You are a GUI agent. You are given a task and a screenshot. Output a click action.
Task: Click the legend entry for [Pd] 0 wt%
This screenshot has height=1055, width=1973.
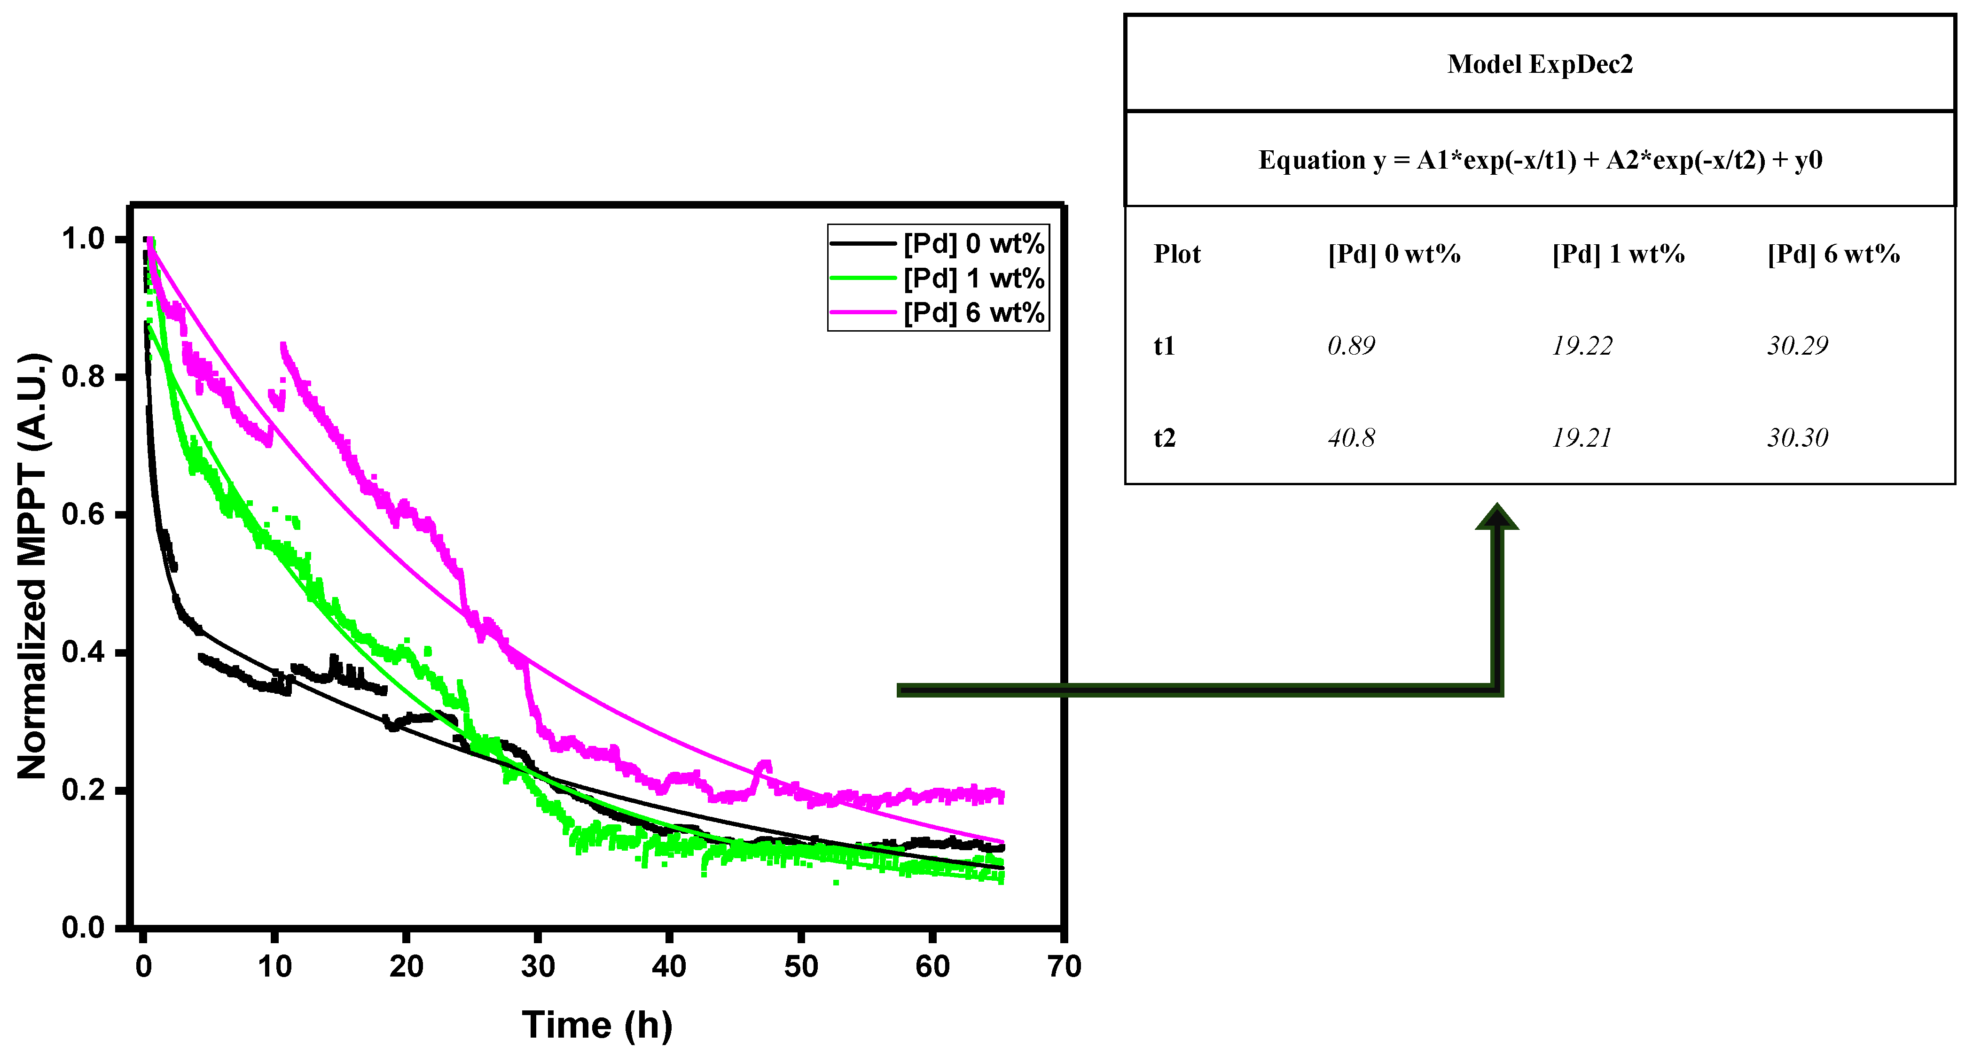click(973, 243)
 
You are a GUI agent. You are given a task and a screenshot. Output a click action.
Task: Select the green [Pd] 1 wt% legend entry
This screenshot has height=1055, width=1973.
click(973, 278)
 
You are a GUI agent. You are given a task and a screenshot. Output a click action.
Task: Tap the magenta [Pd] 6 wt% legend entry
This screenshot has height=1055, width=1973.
click(973, 312)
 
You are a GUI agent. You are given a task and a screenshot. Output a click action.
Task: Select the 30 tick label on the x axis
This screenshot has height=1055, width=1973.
click(538, 966)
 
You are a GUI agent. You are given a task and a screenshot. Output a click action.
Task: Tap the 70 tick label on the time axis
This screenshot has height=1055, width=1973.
click(1064, 966)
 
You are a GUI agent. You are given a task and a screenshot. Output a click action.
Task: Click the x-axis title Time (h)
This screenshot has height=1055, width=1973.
click(597, 1024)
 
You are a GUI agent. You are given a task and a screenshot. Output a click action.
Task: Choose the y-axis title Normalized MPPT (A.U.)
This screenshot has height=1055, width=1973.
click(32, 566)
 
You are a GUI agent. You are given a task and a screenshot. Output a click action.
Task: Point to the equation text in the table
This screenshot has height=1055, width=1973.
click(1540, 160)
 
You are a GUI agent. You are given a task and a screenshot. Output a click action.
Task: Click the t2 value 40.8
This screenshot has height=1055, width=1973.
click(1351, 438)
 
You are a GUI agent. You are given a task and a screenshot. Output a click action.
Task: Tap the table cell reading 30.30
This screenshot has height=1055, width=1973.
click(1797, 438)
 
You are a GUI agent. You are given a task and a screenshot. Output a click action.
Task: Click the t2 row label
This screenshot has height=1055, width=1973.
click(1164, 438)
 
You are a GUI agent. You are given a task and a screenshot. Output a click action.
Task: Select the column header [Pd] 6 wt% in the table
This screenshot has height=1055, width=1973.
click(1833, 254)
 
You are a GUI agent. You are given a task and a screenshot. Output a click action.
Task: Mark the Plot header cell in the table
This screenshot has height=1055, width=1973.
click(1177, 254)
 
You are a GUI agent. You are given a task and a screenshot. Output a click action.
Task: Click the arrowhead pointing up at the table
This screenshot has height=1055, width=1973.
click(1496, 517)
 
